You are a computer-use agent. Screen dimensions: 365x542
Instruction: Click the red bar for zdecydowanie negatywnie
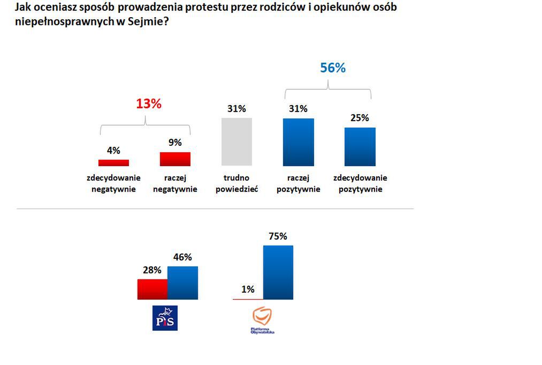pyautogui.click(x=113, y=162)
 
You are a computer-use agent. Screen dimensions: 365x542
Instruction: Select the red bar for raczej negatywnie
pyautogui.click(x=175, y=159)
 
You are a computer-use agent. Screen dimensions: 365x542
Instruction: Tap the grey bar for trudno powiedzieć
pyautogui.click(x=236, y=141)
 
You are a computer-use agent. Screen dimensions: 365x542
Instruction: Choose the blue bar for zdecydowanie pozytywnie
pyautogui.click(x=360, y=146)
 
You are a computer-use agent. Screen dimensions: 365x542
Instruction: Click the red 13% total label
pyautogui.click(x=148, y=104)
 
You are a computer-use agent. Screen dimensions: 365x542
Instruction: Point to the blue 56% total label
pyautogui.click(x=333, y=68)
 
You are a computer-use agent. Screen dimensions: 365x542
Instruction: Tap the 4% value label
pyautogui.click(x=113, y=151)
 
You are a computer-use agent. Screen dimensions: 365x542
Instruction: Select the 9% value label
pyautogui.click(x=175, y=143)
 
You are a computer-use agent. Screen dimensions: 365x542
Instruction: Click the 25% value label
pyautogui.click(x=360, y=118)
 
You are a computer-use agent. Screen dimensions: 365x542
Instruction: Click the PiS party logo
pyautogui.click(x=165, y=318)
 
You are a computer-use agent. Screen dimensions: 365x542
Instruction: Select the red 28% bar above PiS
pyautogui.click(x=152, y=289)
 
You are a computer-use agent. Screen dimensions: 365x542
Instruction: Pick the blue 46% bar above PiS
pyautogui.click(x=182, y=282)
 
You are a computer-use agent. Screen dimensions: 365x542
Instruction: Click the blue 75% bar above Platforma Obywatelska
pyautogui.click(x=278, y=272)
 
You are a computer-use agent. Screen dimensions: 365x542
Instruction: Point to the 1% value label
pyautogui.click(x=248, y=289)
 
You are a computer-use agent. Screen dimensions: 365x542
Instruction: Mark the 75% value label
pyautogui.click(x=278, y=236)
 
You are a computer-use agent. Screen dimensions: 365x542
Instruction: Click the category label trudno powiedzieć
pyautogui.click(x=236, y=183)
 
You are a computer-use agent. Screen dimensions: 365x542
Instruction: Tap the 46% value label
pyautogui.click(x=182, y=257)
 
